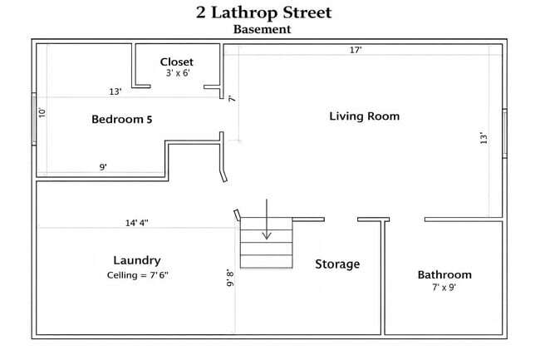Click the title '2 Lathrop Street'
point(263,12)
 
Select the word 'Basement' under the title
point(263,29)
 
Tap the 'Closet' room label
point(176,62)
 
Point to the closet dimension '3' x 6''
point(176,74)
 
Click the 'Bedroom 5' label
point(121,119)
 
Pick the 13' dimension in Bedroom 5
point(115,91)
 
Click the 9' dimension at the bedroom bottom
point(103,167)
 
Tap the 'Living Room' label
point(364,116)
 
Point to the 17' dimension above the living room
point(355,50)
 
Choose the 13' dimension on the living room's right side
point(484,139)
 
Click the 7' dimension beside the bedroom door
point(232,98)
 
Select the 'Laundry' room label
point(137,260)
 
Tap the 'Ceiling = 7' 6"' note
point(137,275)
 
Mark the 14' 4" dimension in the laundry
point(137,223)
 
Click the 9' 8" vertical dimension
point(230,277)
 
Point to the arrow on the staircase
point(266,220)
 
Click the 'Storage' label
point(337,264)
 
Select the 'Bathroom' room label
point(444,274)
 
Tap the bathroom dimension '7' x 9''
point(444,288)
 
